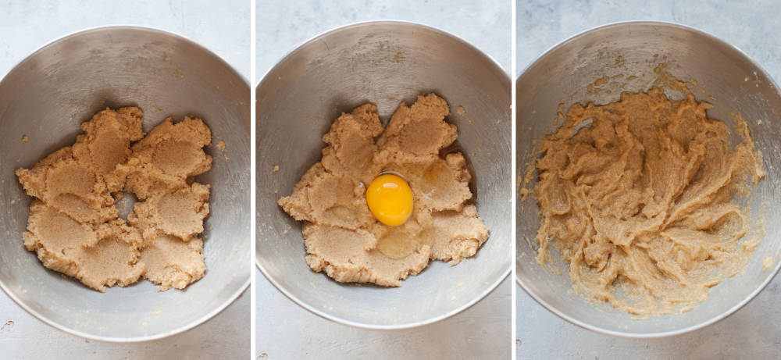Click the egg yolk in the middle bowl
click(390, 200)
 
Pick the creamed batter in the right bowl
click(640, 195)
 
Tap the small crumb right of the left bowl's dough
click(221, 145)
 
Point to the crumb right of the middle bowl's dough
click(461, 111)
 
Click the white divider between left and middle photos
click(253, 180)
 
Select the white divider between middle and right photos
click(513, 180)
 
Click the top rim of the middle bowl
click(383, 23)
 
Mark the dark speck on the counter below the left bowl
click(8, 323)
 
